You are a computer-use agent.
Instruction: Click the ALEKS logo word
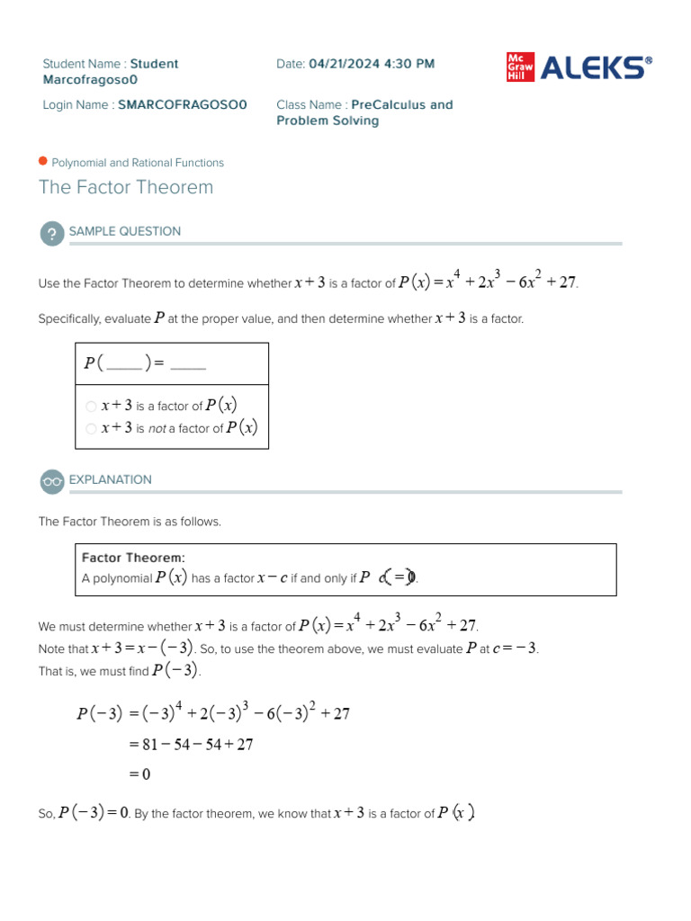click(x=595, y=68)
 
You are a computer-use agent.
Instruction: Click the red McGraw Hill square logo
click(x=520, y=67)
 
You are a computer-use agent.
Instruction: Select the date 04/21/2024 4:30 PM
click(x=372, y=64)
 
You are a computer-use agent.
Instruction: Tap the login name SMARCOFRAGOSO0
click(x=183, y=105)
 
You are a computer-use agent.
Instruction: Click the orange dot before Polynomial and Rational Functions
click(x=43, y=162)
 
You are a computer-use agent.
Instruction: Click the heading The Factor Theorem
click(x=126, y=187)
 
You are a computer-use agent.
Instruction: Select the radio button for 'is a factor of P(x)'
click(x=91, y=407)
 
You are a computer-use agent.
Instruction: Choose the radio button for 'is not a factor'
click(x=91, y=429)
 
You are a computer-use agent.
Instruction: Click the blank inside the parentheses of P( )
click(x=124, y=364)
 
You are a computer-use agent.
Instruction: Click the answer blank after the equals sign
click(x=188, y=364)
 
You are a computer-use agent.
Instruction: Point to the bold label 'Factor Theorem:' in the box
click(x=133, y=559)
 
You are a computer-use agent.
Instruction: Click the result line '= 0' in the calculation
click(x=139, y=773)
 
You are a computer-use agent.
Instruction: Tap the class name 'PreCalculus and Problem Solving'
click(x=364, y=112)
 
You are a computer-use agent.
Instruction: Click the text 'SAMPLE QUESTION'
click(x=125, y=231)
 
